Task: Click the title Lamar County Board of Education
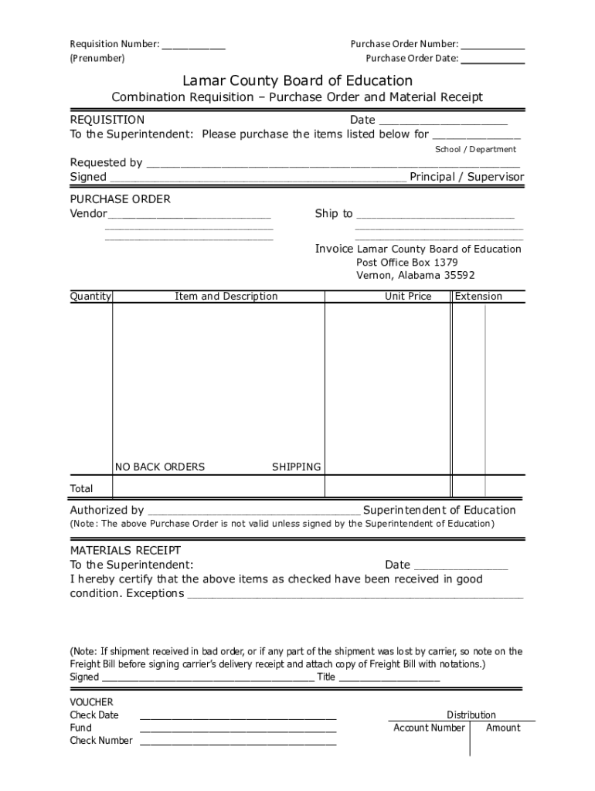click(x=297, y=80)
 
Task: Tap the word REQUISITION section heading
click(x=107, y=120)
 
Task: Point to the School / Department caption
click(x=475, y=149)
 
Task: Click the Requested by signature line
click(x=332, y=165)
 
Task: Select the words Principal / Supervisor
click(x=467, y=177)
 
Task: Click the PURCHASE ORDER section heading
click(x=121, y=199)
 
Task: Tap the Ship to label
click(x=334, y=213)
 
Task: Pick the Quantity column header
click(x=91, y=296)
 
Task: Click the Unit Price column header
click(x=408, y=296)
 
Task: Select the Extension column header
click(x=478, y=296)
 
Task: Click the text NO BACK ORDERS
click(x=160, y=467)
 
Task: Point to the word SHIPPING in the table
click(x=296, y=467)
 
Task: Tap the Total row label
click(x=81, y=488)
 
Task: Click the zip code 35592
click(x=460, y=275)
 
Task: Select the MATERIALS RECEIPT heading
click(x=125, y=550)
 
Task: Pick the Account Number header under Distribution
click(x=429, y=728)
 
